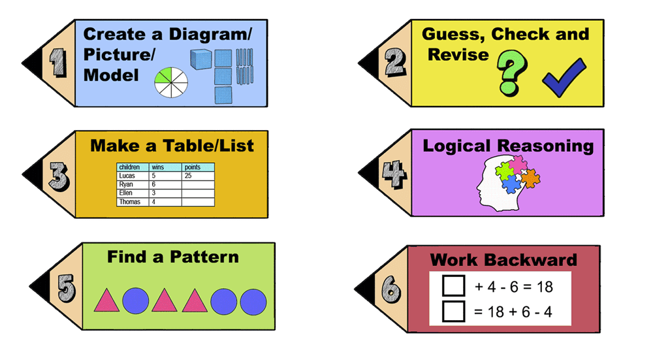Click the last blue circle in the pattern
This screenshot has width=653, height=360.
(253, 301)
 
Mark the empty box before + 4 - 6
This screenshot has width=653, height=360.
(453, 286)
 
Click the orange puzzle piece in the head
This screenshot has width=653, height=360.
(528, 176)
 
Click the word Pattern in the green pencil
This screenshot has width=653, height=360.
(204, 257)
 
